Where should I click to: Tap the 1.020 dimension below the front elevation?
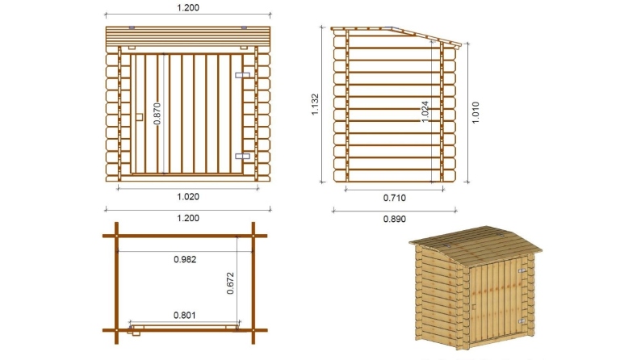click(x=186, y=196)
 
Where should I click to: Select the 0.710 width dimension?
click(x=394, y=196)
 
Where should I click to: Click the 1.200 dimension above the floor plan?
click(x=186, y=218)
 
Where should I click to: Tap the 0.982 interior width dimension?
click(x=186, y=259)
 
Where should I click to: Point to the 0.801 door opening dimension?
click(x=186, y=316)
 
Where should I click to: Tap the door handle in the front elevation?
click(x=140, y=116)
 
